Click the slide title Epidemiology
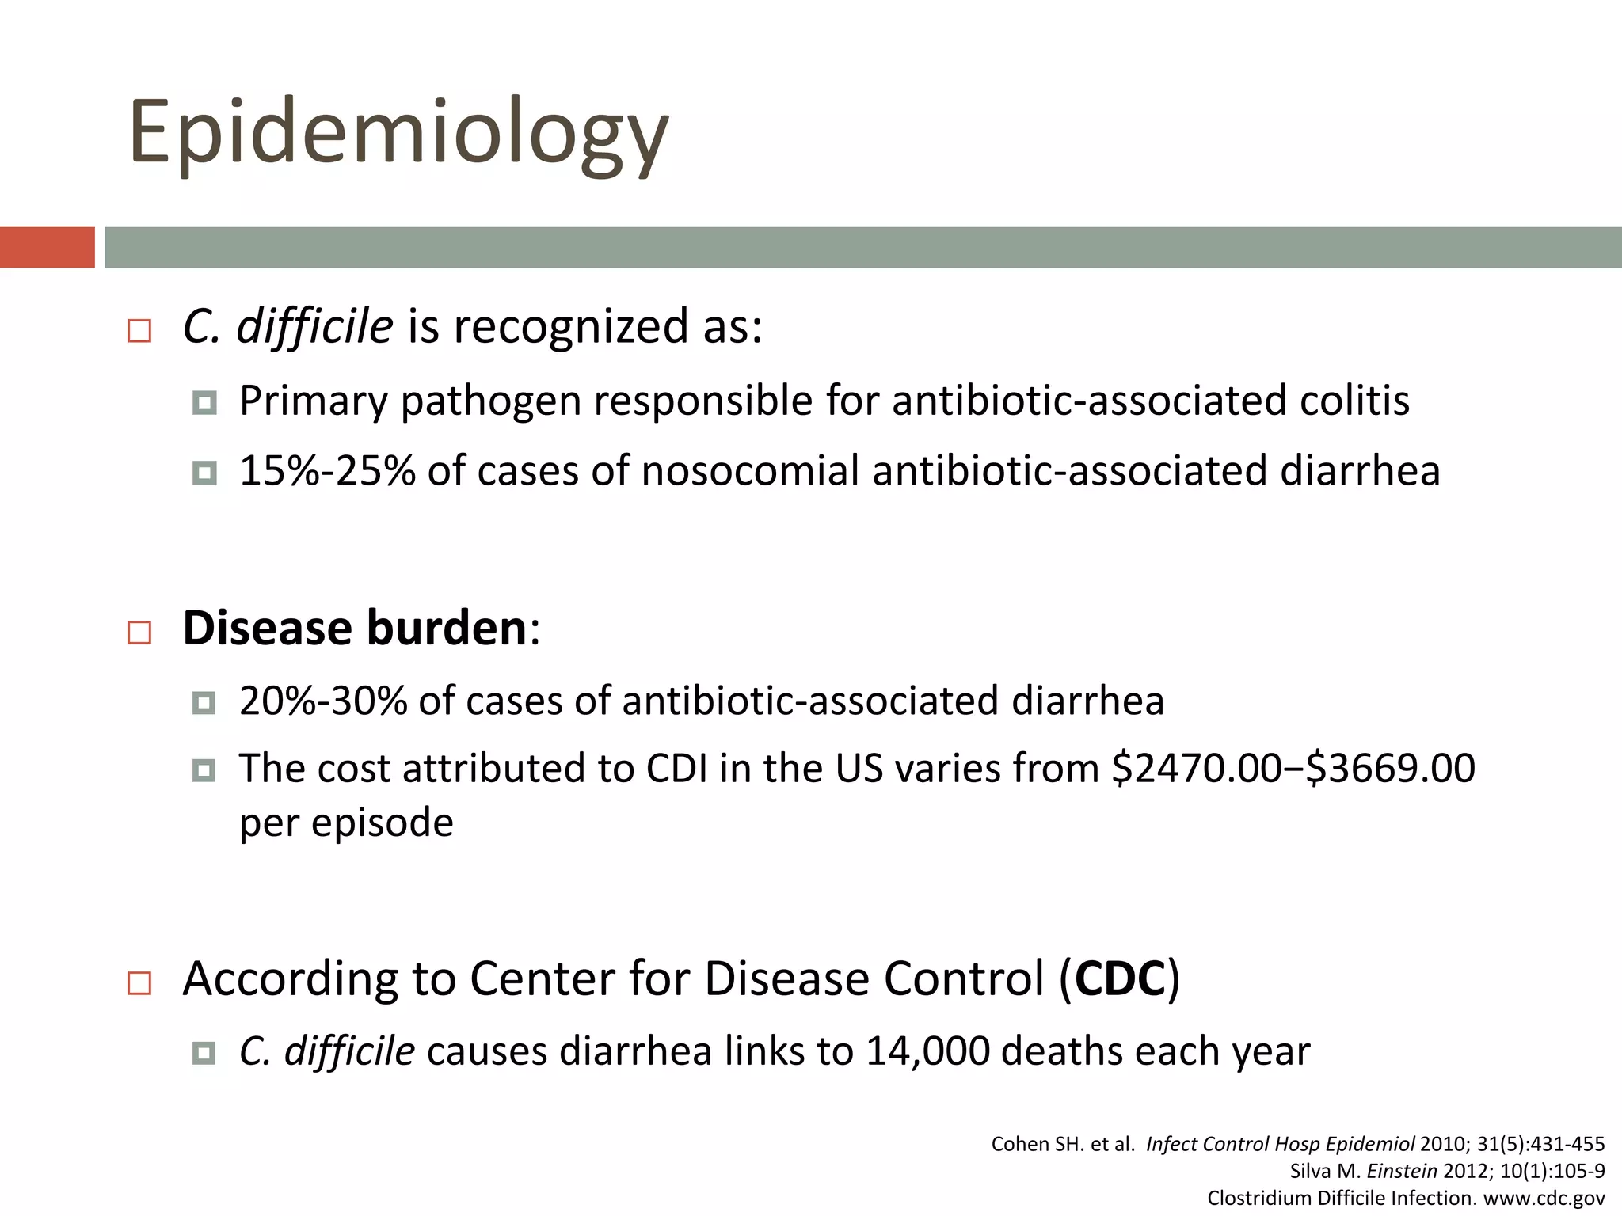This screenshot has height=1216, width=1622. point(398,133)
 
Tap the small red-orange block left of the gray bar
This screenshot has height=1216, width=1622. point(47,247)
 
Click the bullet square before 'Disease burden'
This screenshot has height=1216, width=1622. point(139,632)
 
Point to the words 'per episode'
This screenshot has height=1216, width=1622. point(346,823)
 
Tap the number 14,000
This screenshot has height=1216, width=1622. point(927,1051)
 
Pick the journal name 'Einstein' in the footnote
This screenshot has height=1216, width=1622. point(1401,1171)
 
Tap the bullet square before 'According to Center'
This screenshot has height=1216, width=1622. point(139,983)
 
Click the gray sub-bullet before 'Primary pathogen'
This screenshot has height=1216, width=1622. point(204,404)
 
